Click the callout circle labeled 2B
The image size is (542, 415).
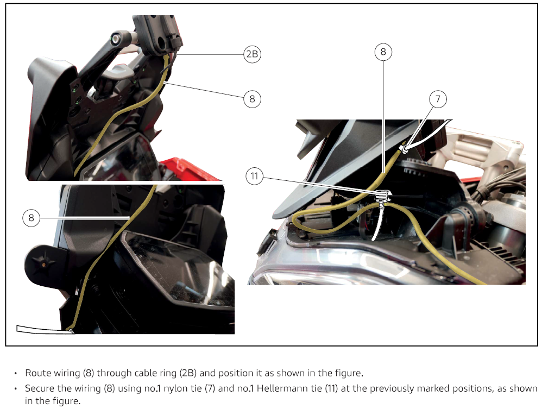click(252, 54)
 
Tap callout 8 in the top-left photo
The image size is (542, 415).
click(252, 99)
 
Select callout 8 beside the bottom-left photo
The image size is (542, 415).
click(31, 218)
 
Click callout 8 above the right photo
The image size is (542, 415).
click(383, 52)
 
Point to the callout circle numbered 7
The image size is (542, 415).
click(438, 99)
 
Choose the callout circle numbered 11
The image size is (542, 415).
click(254, 177)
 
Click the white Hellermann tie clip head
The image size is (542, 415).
click(383, 196)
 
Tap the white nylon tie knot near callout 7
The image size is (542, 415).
click(403, 149)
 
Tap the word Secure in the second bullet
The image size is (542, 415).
click(40, 388)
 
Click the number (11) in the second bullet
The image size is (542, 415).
click(331, 388)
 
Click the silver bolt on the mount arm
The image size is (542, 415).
click(116, 39)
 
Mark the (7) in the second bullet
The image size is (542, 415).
click(210, 388)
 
